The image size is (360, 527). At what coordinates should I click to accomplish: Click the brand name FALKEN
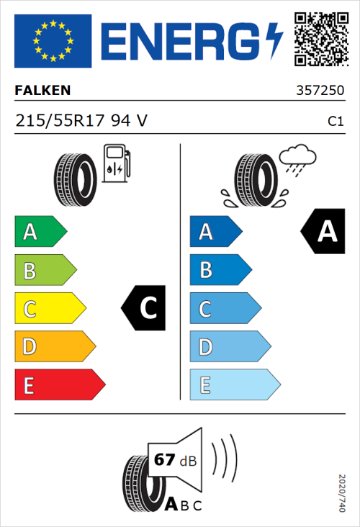coord(43,91)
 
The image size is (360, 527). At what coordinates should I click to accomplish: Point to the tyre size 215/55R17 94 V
coord(81,121)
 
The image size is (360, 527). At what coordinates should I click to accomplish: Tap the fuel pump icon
coord(115,163)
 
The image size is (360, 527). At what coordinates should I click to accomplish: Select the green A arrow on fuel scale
coord(40,232)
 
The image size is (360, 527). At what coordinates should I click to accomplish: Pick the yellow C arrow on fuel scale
coord(49,309)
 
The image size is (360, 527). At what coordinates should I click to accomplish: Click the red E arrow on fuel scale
coord(59,386)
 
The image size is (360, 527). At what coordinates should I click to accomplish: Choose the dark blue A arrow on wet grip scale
coord(215,232)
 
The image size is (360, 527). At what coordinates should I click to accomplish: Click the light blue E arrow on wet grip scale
coord(234,386)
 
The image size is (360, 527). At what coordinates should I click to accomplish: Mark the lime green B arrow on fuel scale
coord(45,271)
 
